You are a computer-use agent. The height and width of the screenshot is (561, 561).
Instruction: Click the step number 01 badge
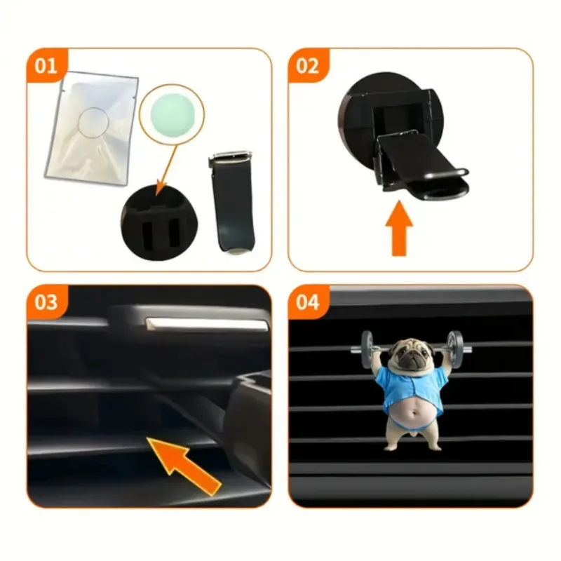(46, 66)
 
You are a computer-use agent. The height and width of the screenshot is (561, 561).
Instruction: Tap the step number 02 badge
(308, 66)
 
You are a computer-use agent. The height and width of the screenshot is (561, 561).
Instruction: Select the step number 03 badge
(46, 302)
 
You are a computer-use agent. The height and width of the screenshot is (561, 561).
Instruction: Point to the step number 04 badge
(308, 302)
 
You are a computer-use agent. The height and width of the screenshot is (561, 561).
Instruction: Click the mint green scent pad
(172, 114)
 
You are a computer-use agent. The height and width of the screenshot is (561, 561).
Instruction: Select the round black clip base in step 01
(159, 222)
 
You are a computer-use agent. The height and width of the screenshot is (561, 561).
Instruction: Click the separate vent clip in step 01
(233, 202)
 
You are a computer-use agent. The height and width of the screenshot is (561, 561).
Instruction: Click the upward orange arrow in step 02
(399, 229)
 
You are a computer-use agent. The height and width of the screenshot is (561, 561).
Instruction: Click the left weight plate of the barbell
(367, 349)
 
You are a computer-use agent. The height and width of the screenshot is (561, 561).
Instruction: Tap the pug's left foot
(393, 446)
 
